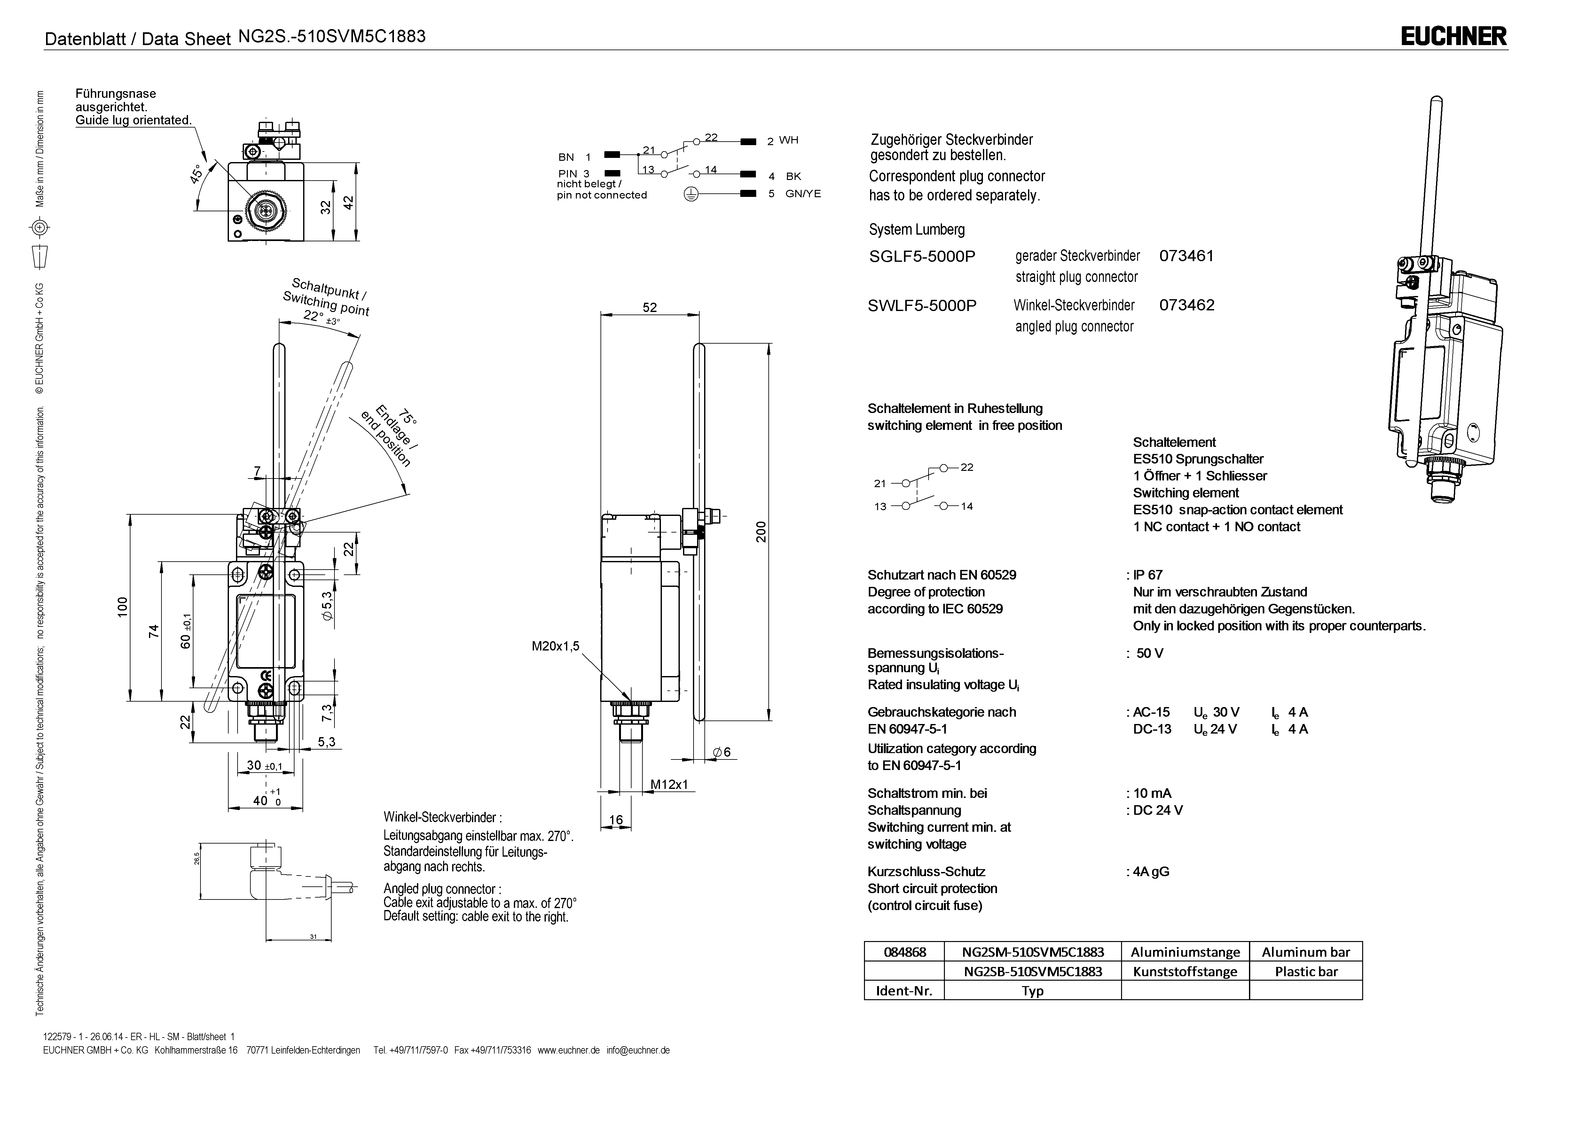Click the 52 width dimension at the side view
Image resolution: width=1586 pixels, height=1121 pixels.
point(649,307)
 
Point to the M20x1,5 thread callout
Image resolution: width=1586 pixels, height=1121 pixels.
point(555,647)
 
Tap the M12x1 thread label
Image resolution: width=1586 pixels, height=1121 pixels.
point(669,785)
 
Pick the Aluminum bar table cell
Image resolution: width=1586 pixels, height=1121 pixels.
point(1306,952)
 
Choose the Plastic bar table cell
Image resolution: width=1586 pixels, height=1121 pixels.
point(1306,971)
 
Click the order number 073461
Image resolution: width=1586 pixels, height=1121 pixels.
point(1186,256)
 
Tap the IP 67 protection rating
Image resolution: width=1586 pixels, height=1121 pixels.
point(1147,575)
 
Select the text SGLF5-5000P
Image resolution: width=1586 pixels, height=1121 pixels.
point(922,256)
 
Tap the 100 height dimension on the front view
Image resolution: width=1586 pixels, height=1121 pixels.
point(122,607)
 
